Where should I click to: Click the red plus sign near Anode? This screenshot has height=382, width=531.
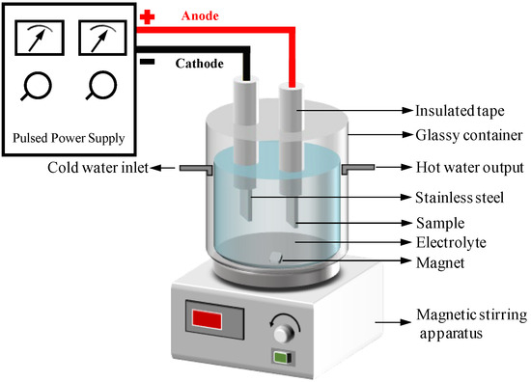tap(148, 17)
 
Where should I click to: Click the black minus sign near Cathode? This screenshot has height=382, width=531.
tap(148, 62)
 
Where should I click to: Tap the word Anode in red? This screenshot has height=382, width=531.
tap(200, 15)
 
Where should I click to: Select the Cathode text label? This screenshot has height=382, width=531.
tap(200, 64)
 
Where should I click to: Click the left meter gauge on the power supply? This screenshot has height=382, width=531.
tap(40, 38)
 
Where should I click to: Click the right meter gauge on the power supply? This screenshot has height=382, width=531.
tap(103, 38)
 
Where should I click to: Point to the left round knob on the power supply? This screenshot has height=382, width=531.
tap(37, 86)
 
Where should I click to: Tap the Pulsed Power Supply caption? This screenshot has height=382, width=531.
tap(69, 138)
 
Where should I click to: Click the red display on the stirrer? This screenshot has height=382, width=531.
tap(207, 319)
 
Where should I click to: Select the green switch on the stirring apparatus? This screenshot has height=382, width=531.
tap(283, 357)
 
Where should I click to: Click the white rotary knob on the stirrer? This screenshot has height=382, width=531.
tap(284, 333)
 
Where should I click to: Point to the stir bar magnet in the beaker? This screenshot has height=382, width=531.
tap(275, 258)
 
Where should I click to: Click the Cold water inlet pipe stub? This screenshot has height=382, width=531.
tap(196, 169)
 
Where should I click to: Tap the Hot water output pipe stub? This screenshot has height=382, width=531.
tap(358, 168)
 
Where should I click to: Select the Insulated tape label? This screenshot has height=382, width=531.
tap(460, 111)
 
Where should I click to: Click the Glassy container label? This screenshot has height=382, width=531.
tap(469, 135)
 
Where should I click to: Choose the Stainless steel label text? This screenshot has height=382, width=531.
tap(460, 197)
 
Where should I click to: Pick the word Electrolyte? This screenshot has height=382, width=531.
tap(451, 242)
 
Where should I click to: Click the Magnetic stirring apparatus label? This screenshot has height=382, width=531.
tap(471, 324)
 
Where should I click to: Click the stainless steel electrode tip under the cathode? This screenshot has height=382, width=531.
tap(246, 205)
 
